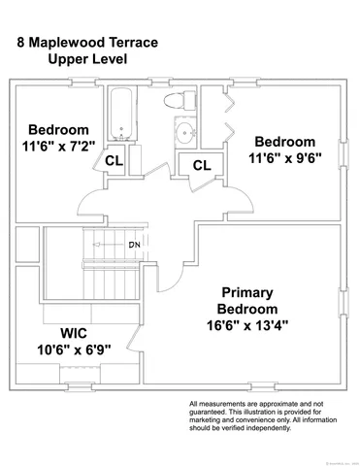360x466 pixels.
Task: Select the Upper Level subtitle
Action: tap(87, 59)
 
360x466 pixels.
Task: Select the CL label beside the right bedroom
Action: tap(201, 165)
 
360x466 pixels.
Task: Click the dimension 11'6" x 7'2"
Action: tap(58, 147)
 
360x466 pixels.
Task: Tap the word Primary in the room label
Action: tap(246, 292)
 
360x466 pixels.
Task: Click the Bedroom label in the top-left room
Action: tap(58, 130)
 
